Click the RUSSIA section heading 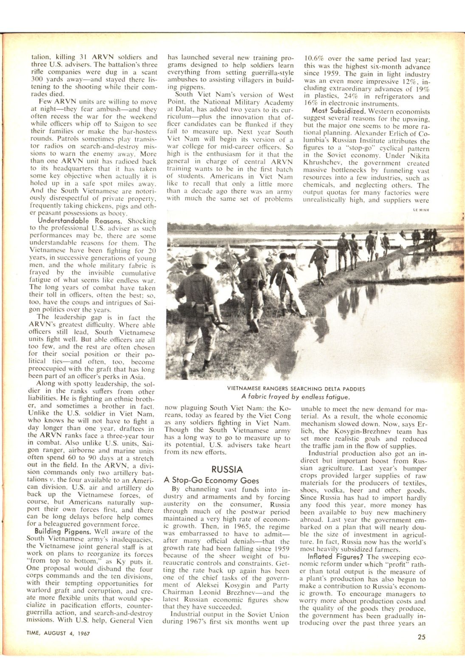[x=227, y=470]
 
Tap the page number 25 [x=421, y=636]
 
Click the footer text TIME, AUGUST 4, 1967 [x=54, y=634]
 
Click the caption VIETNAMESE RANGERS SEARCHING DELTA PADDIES [x=296, y=388]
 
